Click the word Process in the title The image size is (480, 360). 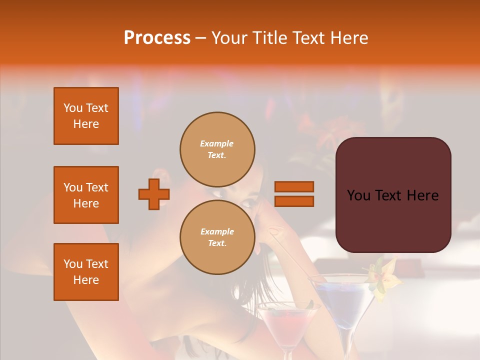(157, 38)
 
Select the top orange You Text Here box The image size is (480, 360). (86, 116)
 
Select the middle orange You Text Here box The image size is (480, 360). (86, 195)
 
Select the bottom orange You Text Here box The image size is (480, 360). (86, 272)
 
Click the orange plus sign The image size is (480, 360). (154, 194)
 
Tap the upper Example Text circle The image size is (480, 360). (217, 149)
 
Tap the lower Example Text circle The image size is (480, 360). (217, 237)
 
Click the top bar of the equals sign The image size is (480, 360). (294, 186)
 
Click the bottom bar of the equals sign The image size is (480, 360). (294, 201)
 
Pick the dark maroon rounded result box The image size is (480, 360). (393, 195)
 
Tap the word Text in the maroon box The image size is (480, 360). (393, 195)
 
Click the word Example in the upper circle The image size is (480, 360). (217, 143)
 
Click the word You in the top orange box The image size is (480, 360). (72, 108)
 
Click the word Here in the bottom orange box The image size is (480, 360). (86, 280)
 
